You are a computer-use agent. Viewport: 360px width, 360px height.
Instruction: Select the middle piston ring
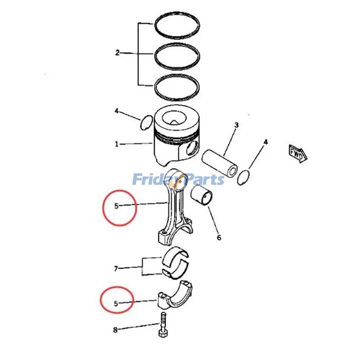(x=177, y=46)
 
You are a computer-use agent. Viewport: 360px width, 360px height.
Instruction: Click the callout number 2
(x=117, y=53)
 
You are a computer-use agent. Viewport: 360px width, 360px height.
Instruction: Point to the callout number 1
(x=117, y=144)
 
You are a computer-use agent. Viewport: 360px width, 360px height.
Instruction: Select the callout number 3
(x=236, y=125)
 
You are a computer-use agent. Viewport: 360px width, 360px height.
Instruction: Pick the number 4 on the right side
(x=265, y=142)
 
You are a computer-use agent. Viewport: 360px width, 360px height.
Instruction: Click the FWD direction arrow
(x=297, y=152)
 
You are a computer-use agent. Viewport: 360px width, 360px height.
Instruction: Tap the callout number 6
(x=219, y=238)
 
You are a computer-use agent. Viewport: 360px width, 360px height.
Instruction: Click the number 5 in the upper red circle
(x=116, y=206)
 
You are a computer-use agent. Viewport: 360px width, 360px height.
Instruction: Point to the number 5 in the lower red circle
(x=116, y=304)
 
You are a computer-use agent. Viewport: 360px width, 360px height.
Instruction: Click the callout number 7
(x=116, y=269)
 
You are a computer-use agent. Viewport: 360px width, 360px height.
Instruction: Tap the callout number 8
(x=115, y=330)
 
